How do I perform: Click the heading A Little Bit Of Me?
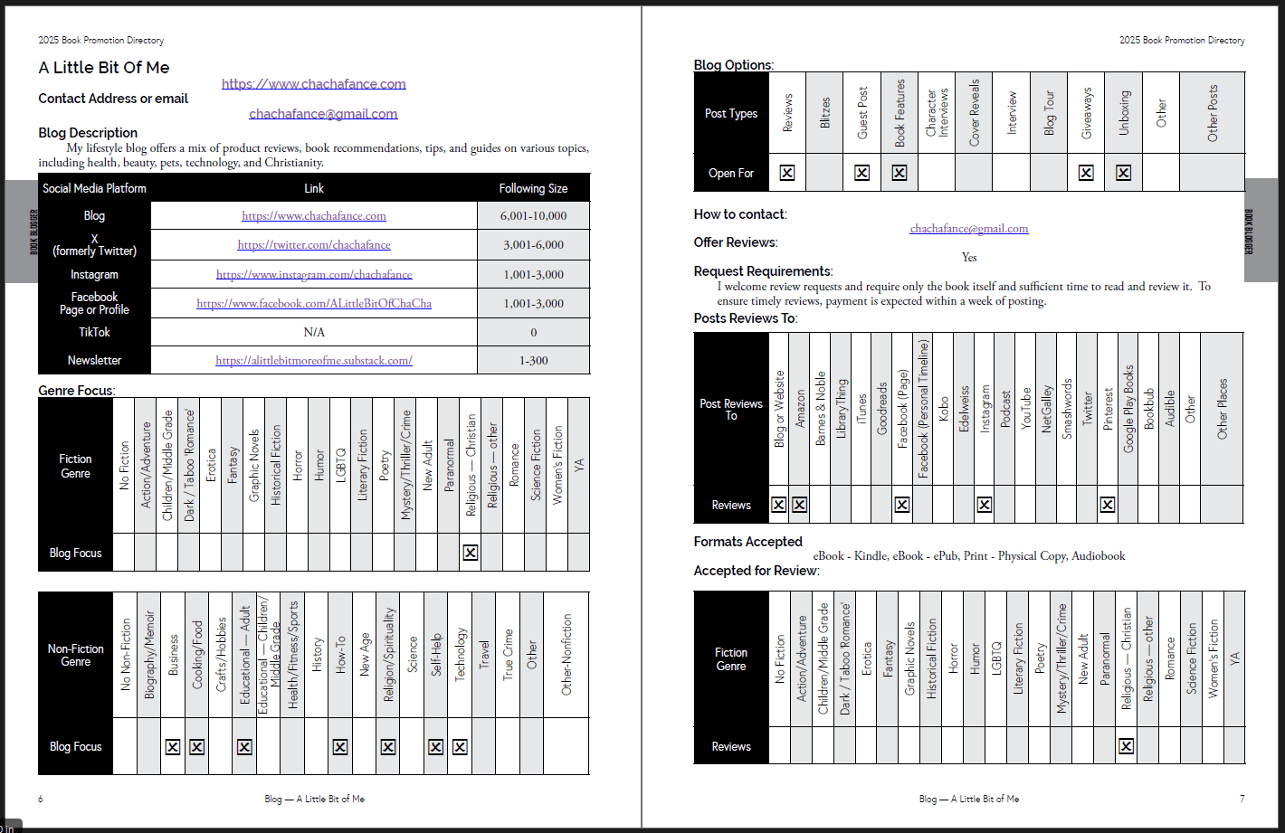click(104, 68)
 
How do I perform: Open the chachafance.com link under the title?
click(314, 84)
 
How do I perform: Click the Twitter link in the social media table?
click(314, 245)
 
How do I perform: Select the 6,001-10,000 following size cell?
click(533, 216)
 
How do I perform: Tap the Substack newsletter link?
click(314, 361)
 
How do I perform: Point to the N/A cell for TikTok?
click(314, 333)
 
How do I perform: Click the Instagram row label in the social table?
click(94, 275)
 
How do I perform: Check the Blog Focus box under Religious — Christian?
click(471, 553)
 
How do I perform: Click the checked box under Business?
click(173, 747)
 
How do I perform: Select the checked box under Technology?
click(460, 747)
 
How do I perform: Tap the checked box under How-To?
click(340, 747)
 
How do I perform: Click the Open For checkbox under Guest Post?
click(861, 173)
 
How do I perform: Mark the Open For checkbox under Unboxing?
click(1123, 173)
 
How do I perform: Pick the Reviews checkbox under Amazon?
click(799, 505)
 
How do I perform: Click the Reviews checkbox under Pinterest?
click(1108, 505)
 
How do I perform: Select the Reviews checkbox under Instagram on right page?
click(985, 505)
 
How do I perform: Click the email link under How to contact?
click(969, 229)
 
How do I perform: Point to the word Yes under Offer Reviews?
click(969, 258)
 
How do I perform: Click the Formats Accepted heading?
click(747, 542)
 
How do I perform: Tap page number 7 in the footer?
click(1242, 799)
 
